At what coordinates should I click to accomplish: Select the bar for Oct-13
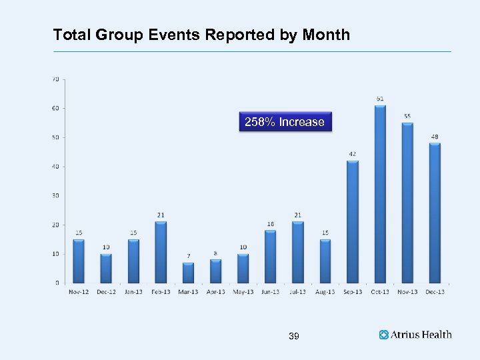(380, 194)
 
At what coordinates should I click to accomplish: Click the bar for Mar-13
(188, 273)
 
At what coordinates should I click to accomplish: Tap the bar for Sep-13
(353, 221)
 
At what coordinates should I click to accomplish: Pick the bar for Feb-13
(161, 253)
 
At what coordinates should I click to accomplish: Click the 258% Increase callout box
(285, 122)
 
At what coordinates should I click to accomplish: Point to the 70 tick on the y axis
(55, 79)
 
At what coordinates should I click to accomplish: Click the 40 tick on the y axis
(55, 166)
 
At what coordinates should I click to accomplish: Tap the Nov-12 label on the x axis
(79, 291)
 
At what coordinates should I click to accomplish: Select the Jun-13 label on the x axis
(270, 291)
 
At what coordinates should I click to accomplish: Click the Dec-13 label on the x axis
(435, 291)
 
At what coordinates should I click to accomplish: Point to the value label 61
(380, 99)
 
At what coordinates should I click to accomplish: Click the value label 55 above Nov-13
(407, 116)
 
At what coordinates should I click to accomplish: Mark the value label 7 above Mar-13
(188, 256)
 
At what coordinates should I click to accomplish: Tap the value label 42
(353, 154)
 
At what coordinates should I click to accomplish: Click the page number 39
(294, 337)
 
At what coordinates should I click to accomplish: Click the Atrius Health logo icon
(383, 335)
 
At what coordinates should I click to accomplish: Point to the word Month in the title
(326, 35)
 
